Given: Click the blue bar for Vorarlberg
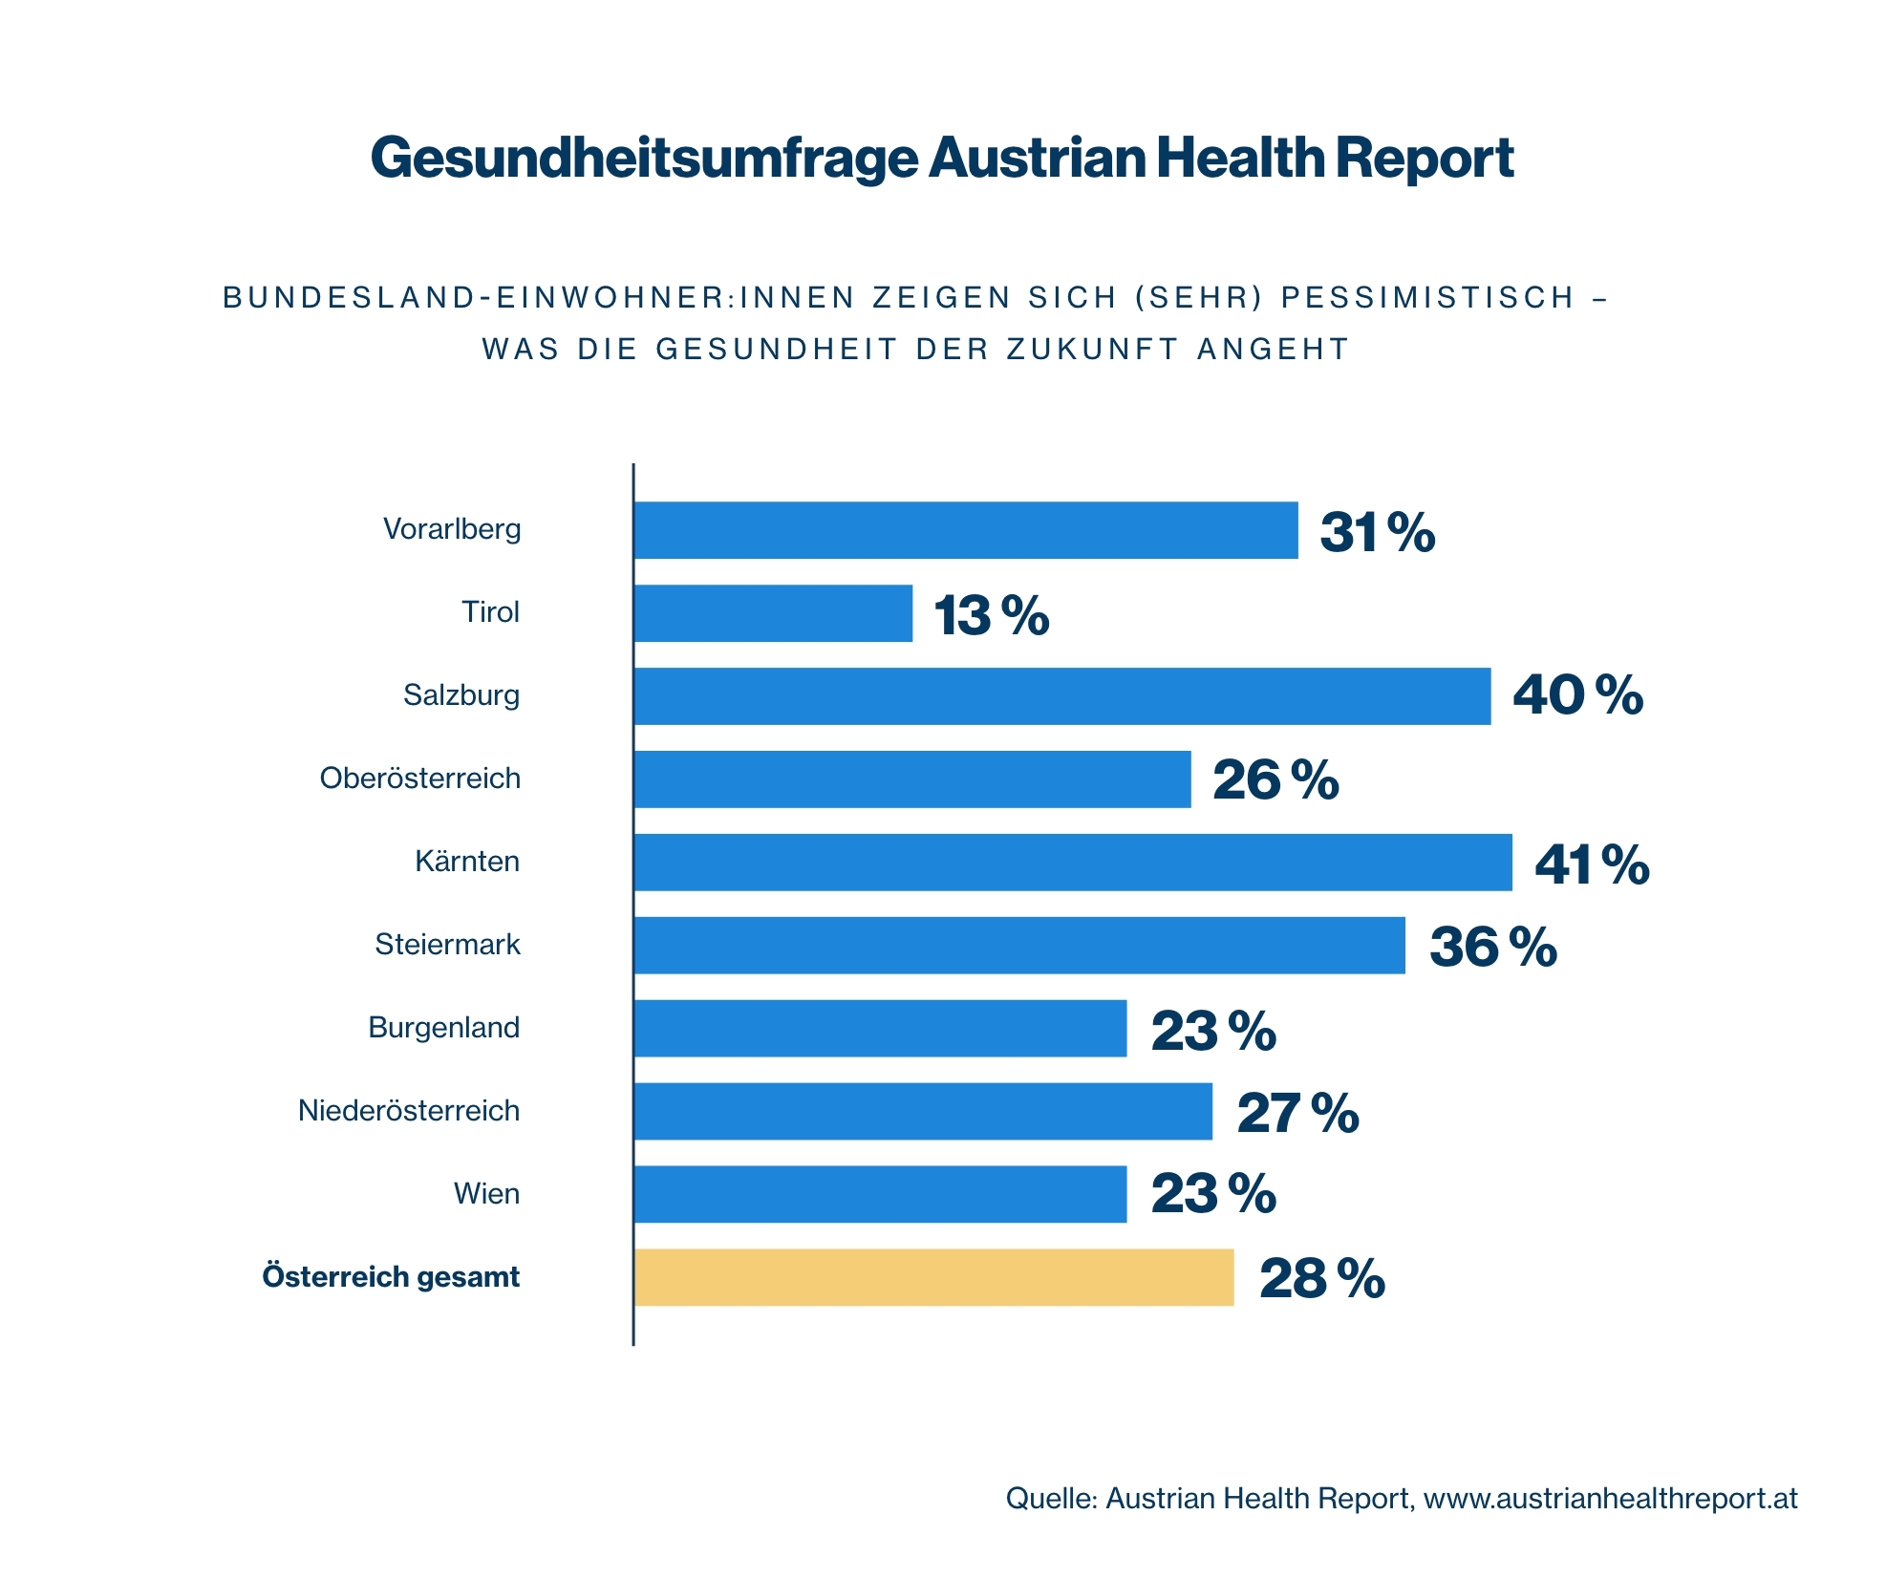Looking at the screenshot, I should pyautogui.click(x=965, y=530).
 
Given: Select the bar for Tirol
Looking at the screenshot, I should pyautogui.click(x=773, y=613).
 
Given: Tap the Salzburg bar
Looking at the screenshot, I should pyautogui.click(x=1061, y=696).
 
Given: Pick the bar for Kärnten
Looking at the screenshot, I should pyautogui.click(x=1072, y=863).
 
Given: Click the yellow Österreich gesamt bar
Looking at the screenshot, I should pyautogui.click(x=933, y=1277).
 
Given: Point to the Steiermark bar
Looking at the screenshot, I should pyautogui.click(x=1018, y=946).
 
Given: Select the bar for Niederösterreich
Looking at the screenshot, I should pyautogui.click(x=923, y=1111).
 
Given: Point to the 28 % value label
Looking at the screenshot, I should pyautogui.click(x=1321, y=1278).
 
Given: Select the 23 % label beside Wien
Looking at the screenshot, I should pyautogui.click(x=1212, y=1194).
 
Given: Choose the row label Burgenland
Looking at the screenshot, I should pyautogui.click(x=443, y=1028).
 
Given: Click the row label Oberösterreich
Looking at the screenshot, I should pyautogui.click(x=419, y=779).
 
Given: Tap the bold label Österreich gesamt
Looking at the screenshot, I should pyautogui.click(x=391, y=1277).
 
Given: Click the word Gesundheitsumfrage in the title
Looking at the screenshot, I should pyautogui.click(x=643, y=158).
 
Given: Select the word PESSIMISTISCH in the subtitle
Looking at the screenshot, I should pyautogui.click(x=1427, y=298).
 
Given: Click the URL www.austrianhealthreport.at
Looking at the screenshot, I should pyautogui.click(x=1610, y=1498).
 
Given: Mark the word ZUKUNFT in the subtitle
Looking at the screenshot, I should pyautogui.click(x=1093, y=350).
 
